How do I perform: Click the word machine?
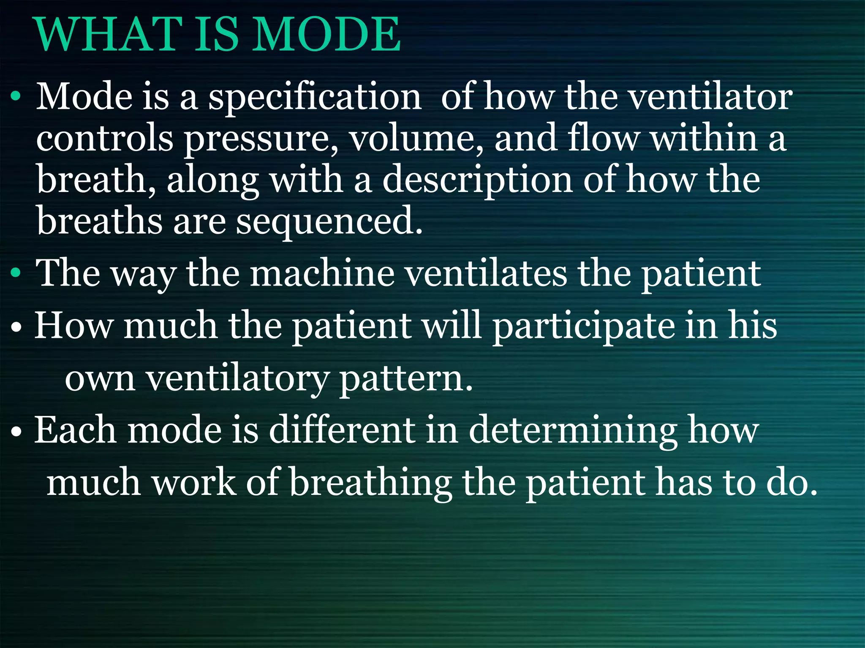point(322,273)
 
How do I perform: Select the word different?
point(342,430)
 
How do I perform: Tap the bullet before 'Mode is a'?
point(16,97)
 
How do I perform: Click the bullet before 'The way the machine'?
point(16,273)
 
